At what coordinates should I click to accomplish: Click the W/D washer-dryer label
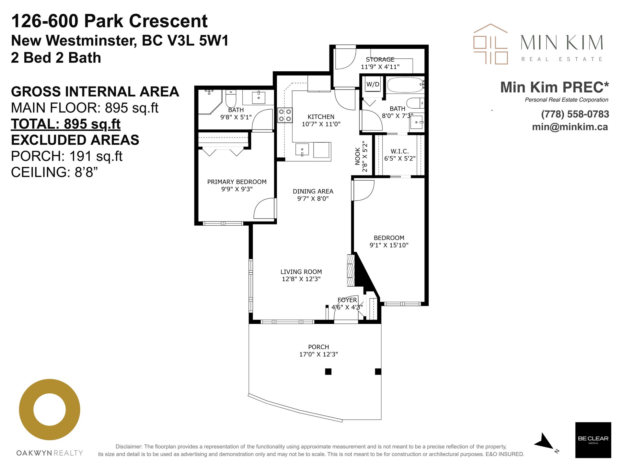pos(373,84)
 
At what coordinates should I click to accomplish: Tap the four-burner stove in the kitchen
pos(285,115)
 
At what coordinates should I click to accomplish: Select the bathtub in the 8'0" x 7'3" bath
pos(405,85)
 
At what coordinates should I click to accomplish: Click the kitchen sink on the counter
pos(302,150)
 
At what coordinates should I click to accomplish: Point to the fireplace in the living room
pos(351,270)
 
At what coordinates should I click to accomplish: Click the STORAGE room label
pos(380,59)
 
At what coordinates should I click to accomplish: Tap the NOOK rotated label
pos(358,156)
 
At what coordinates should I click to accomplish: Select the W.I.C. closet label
pos(399,151)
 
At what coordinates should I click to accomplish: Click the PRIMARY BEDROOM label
pos(237,182)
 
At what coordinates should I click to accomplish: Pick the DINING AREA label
pos(313,191)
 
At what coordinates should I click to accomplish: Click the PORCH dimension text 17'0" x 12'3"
pos(318,354)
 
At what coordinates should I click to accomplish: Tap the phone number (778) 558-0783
pos(575,114)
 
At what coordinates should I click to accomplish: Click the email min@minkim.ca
pos(570,127)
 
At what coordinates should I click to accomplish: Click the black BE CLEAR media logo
pos(593,440)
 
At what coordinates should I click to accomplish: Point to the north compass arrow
pos(545,441)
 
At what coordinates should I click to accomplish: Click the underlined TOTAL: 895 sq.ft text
pos(66,124)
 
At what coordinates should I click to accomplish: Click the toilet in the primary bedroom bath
pos(231,99)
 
